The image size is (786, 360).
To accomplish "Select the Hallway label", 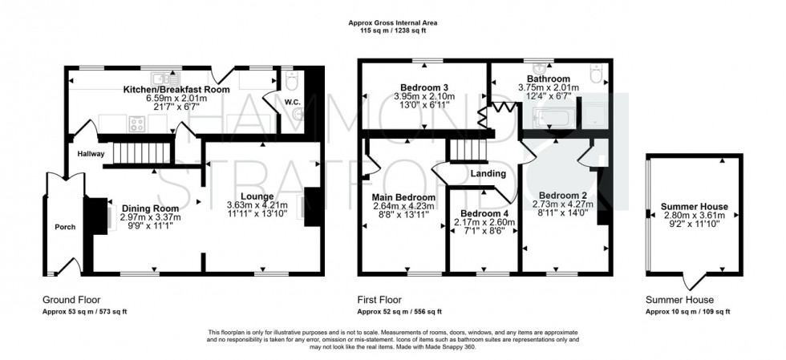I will (91, 153).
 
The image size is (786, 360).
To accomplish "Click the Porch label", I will (65, 227).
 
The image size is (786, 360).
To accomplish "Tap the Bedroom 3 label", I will (423, 87).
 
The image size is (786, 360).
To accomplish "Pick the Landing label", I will (488, 173).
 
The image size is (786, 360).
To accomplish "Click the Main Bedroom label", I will (403, 197).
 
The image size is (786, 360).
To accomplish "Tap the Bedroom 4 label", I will (481, 212).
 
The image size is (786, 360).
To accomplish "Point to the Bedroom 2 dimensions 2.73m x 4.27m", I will (565, 204).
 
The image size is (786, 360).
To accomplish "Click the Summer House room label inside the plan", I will (692, 206).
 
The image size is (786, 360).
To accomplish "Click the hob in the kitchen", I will (136, 124).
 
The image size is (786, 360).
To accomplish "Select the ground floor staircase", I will (141, 151).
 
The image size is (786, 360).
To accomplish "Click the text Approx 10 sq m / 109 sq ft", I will (687, 311).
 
